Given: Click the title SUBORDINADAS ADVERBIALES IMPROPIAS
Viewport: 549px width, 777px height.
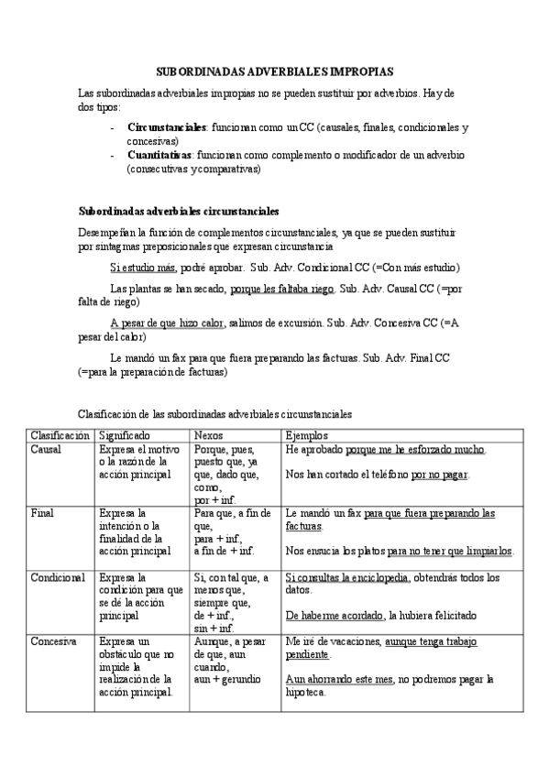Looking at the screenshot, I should coord(274,70).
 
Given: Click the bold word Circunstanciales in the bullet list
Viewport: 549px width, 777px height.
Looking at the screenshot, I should coord(167,127).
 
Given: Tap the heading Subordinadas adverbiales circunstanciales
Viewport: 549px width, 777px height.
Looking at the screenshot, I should coord(179,211).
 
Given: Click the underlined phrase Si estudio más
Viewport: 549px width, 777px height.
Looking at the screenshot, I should coord(143,268).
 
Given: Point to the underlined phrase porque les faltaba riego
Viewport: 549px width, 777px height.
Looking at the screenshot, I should coord(282,289).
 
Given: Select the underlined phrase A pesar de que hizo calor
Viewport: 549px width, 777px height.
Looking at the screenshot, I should coord(167,323).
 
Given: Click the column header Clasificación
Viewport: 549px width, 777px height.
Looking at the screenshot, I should coord(60,435).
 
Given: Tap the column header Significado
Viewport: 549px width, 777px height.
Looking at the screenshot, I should coord(125,435).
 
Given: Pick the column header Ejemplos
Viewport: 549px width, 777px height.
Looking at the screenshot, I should coord(307,435).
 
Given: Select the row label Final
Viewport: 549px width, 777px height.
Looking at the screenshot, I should coord(42,513).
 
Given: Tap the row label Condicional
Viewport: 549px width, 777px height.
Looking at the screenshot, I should coord(58,577).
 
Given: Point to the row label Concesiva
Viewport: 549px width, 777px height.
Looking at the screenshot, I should coord(53,641).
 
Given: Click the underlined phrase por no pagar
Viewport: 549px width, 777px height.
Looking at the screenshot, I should coord(448,475).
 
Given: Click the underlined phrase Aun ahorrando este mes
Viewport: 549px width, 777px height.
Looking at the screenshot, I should coord(340,679).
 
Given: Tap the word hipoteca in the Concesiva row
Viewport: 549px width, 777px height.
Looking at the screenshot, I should coord(307,693).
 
